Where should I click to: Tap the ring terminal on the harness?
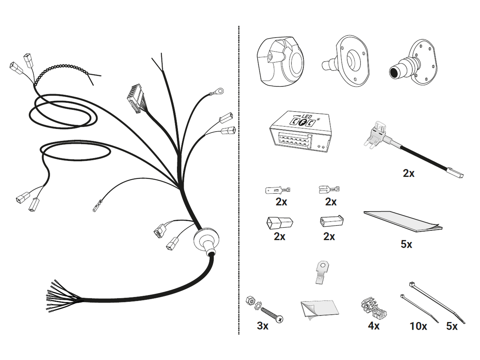(x=219, y=90)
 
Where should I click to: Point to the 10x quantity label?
(x=418, y=326)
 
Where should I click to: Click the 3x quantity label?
(x=262, y=326)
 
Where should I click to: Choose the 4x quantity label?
(x=374, y=326)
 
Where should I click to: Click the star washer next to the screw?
(x=258, y=305)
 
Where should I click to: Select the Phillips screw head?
(x=280, y=319)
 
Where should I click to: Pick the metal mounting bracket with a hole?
(x=322, y=272)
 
